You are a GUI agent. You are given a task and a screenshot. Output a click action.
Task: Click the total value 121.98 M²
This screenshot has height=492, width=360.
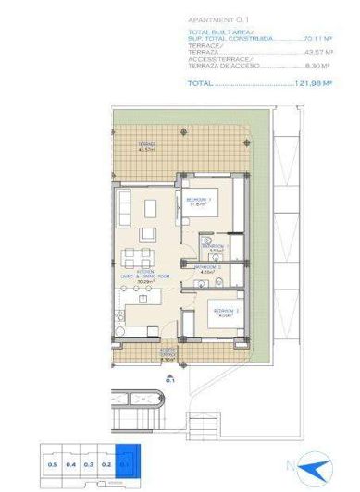pyautogui.click(x=314, y=83)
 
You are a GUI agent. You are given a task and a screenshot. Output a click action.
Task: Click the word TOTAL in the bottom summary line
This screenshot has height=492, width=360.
pyautogui.click(x=200, y=83)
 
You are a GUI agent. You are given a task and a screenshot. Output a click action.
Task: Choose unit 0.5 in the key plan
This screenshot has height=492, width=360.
pyautogui.click(x=54, y=465)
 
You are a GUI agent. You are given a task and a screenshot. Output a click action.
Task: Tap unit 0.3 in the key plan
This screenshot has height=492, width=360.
pyautogui.click(x=89, y=465)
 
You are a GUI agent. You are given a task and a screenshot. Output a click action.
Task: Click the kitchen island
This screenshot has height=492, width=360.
pyautogui.click(x=143, y=299)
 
